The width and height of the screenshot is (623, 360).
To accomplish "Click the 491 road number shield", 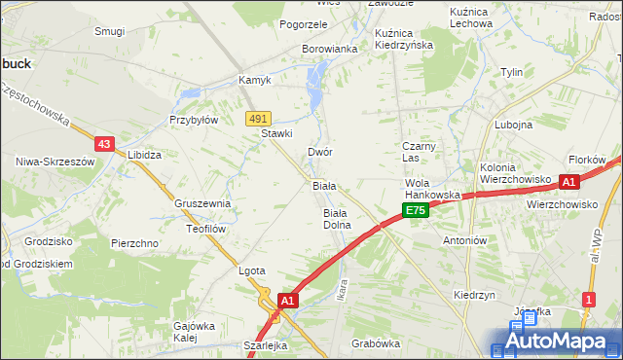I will [257, 118].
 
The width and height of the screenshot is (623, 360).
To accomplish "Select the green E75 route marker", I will [416, 210].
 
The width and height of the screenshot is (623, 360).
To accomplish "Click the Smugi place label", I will [109, 31].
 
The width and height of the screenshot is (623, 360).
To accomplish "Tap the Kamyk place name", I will [255, 80].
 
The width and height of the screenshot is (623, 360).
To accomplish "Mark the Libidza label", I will [144, 155].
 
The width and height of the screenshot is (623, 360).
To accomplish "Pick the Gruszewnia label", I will [202, 203].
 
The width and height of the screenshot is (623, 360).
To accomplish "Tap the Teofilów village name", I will [205, 229].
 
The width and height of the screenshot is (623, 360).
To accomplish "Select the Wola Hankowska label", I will [432, 189].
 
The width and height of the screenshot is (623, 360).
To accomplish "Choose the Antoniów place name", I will [463, 239].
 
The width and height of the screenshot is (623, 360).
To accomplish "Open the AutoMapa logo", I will [555, 341].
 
